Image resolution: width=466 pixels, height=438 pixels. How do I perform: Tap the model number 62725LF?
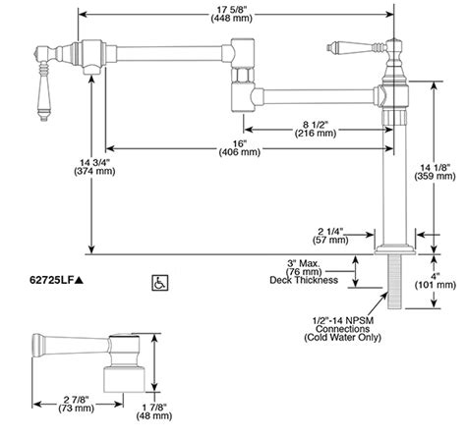[54, 282]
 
